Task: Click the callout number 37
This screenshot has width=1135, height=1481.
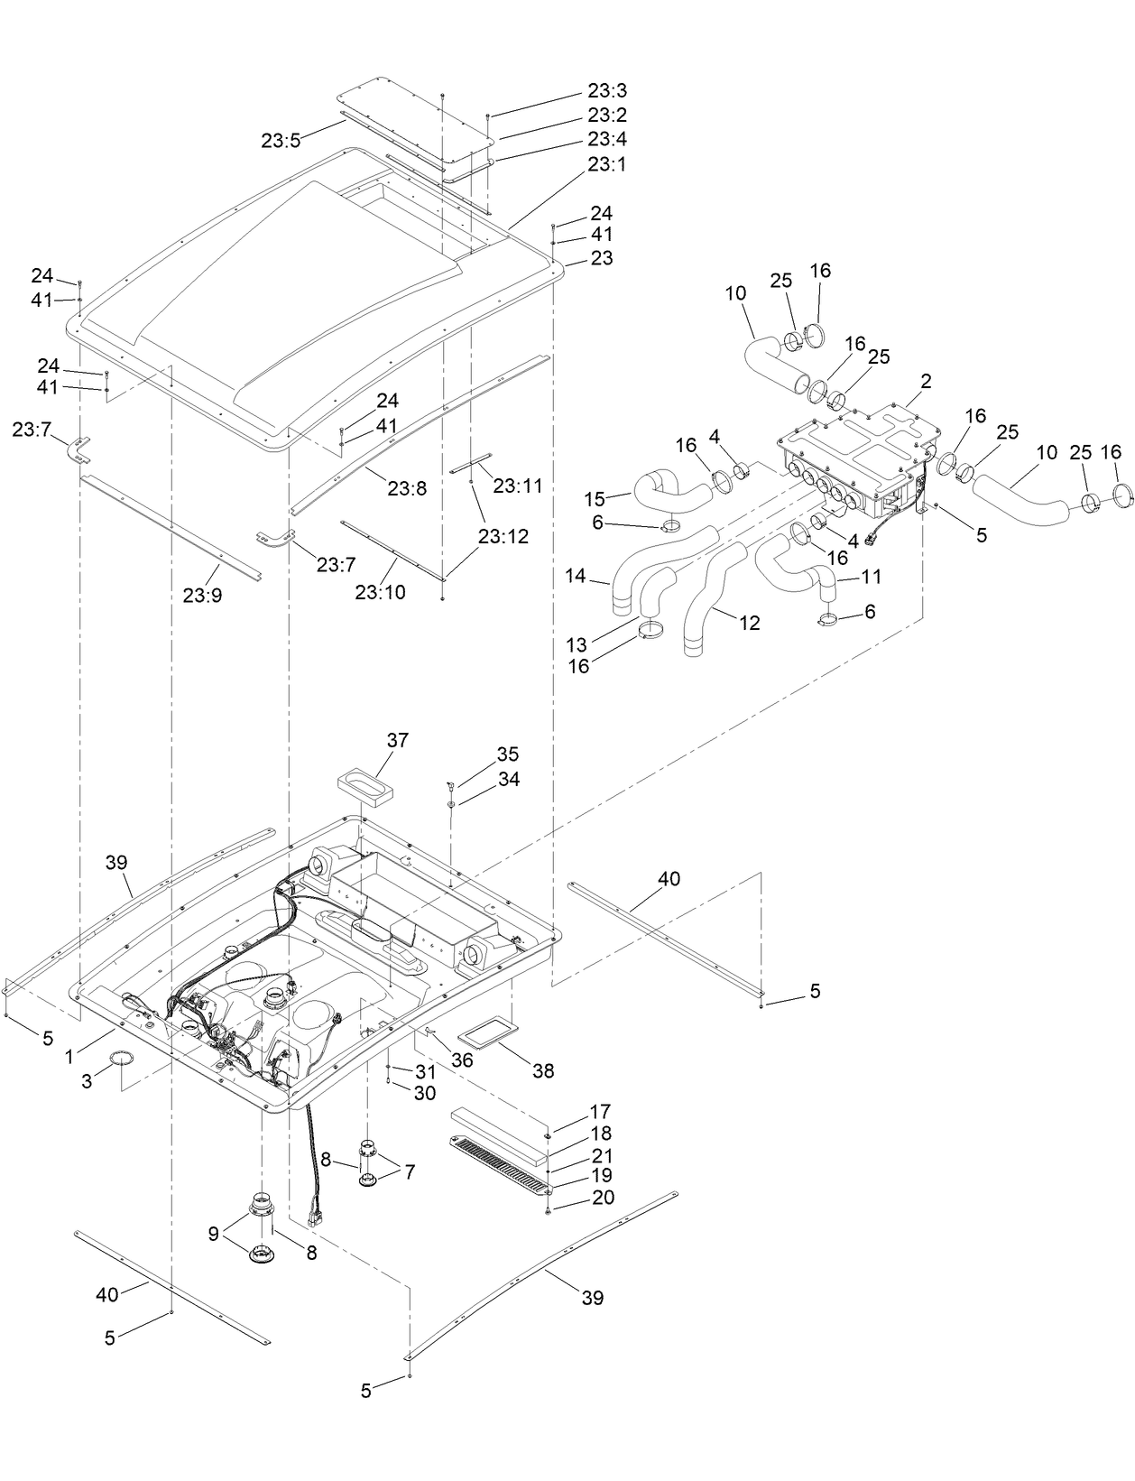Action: [x=398, y=740]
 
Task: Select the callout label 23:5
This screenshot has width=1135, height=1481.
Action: [x=281, y=140]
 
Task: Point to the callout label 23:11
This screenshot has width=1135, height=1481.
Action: [x=518, y=485]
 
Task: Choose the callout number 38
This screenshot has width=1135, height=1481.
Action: [x=543, y=1071]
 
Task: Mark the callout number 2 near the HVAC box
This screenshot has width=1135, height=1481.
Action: [x=927, y=382]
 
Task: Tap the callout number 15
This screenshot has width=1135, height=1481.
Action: [x=595, y=498]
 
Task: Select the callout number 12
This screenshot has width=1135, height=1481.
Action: [x=749, y=623]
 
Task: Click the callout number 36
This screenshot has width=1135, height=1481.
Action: [x=462, y=1060]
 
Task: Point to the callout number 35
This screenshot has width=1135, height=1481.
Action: [x=508, y=754]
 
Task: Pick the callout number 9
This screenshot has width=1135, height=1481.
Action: [x=214, y=1234]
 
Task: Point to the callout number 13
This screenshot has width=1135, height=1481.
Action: [x=577, y=644]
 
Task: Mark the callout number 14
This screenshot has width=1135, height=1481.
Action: [x=576, y=575]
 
